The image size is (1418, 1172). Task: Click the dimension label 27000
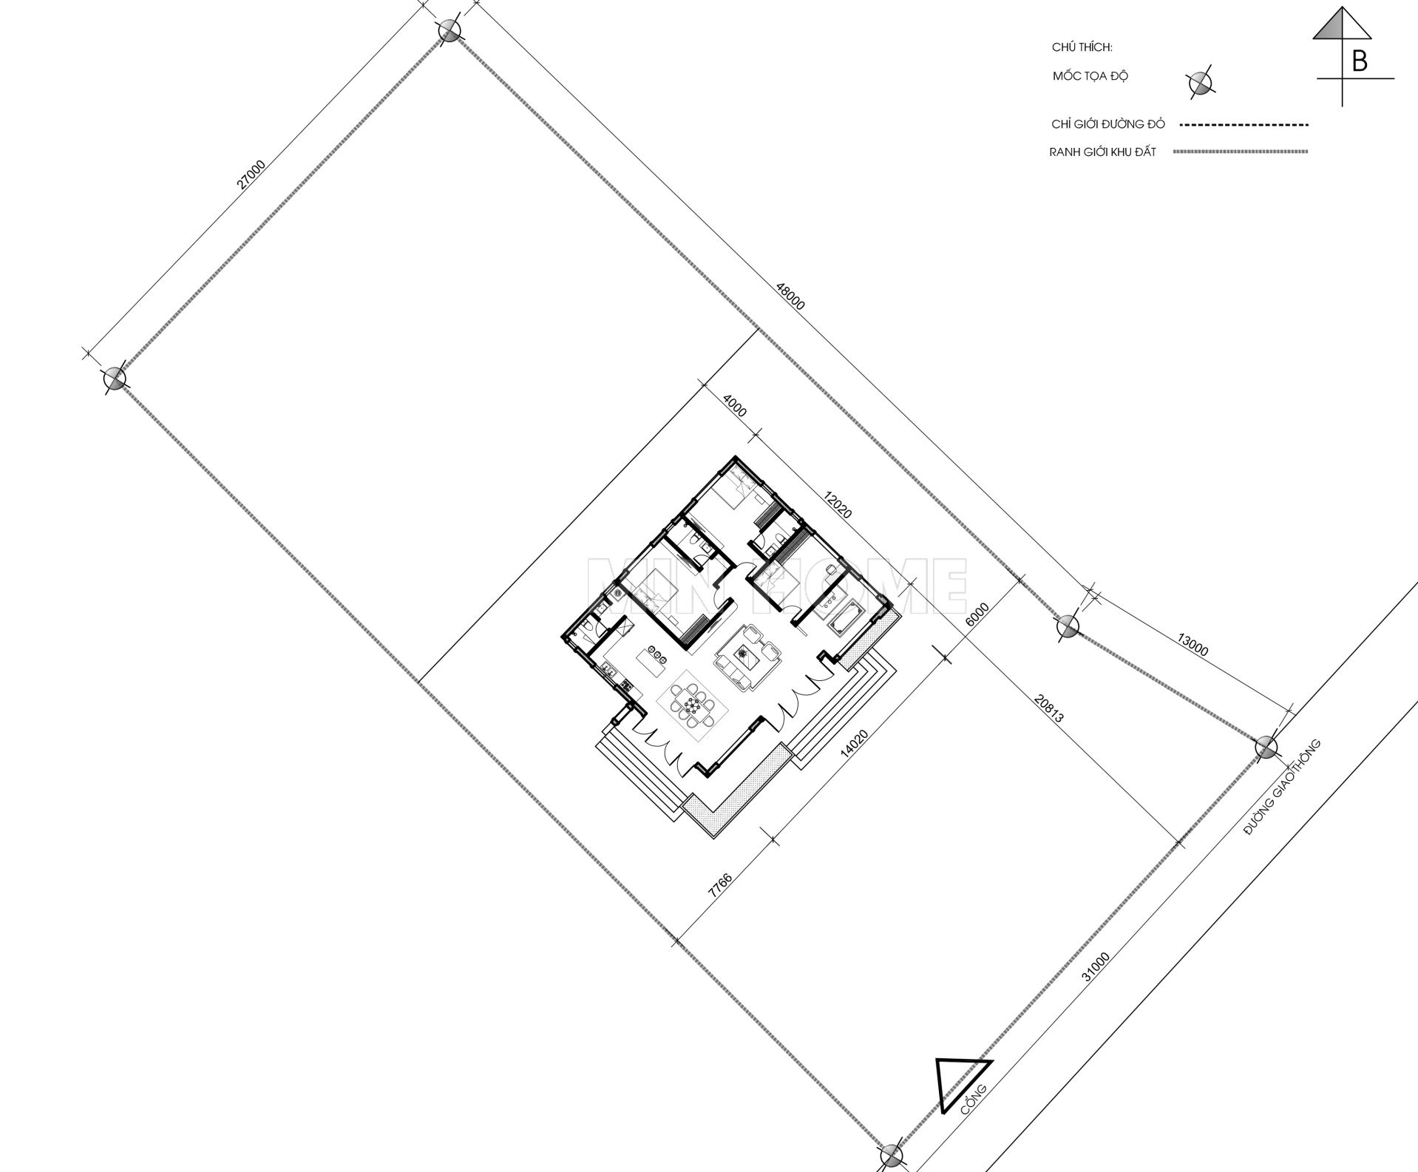pos(251,175)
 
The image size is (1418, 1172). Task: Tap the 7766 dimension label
pos(719,885)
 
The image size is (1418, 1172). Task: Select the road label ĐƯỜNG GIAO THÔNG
pos(1281,788)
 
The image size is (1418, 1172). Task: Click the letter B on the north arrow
pos(1359,61)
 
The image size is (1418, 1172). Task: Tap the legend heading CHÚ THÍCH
pos(1082,47)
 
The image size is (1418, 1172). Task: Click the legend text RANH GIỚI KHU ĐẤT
pos(1102,152)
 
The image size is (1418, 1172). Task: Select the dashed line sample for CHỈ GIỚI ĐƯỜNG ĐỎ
pos(1242,125)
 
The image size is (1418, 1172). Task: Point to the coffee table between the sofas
pos(742,654)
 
